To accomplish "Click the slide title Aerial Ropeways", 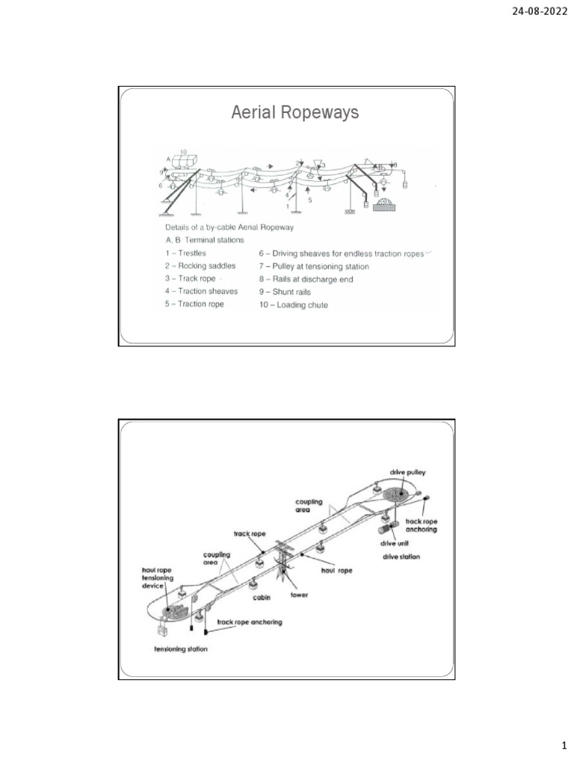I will tap(295, 113).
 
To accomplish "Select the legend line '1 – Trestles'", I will tap(186, 253).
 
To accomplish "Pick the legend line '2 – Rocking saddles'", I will tap(200, 266).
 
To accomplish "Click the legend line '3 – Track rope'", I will tap(191, 278).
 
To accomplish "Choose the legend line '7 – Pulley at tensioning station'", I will tap(314, 266).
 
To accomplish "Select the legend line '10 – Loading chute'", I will tap(293, 305).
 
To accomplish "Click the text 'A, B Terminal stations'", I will tap(205, 239).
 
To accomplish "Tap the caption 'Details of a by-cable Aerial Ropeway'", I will tap(229, 226).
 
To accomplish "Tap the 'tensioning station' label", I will tap(181, 649).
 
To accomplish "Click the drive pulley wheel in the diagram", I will tap(395, 495).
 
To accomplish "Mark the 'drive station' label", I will tap(401, 557).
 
